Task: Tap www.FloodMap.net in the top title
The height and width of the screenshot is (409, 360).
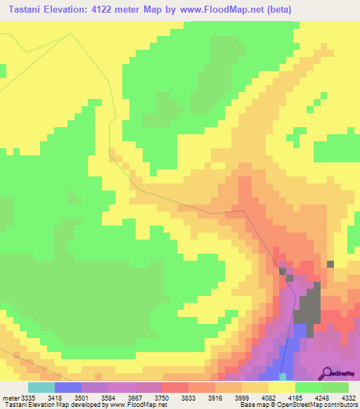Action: coord(222,10)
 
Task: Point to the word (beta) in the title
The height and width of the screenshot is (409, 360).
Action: coord(276,10)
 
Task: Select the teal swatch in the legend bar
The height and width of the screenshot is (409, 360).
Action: coord(41,387)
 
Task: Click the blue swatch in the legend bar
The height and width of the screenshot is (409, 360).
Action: coord(68,387)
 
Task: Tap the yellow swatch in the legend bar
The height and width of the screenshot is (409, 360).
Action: coord(282,387)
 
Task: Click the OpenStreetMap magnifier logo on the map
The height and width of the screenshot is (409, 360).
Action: coord(326,372)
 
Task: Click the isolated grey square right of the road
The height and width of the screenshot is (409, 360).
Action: coord(330,264)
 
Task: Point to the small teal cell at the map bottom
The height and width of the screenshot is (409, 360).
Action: coord(283,377)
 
